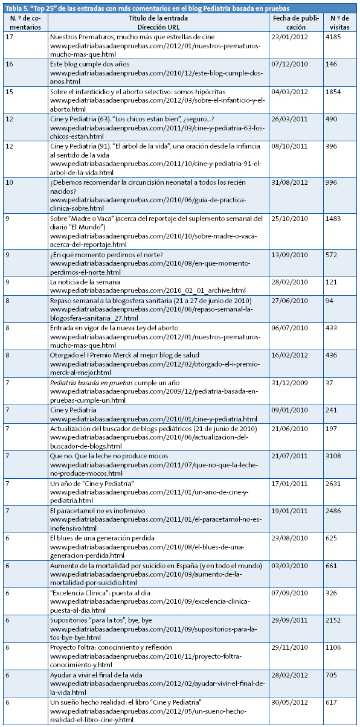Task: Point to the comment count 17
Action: (10, 37)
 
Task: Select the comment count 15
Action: (10, 91)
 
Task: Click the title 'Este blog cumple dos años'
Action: (89, 64)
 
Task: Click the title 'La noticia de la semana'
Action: (85, 282)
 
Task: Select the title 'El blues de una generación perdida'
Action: (102, 538)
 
